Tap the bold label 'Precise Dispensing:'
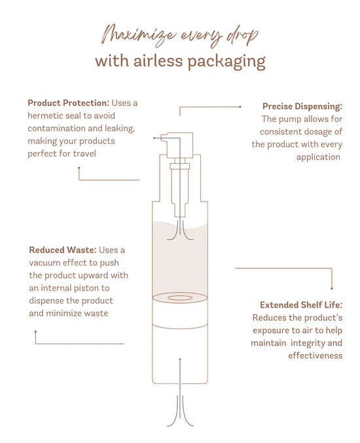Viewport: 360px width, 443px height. (x=302, y=106)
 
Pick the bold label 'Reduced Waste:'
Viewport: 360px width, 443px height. (x=63, y=250)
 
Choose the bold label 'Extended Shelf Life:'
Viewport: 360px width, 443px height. (x=300, y=305)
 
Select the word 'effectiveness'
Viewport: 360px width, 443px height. (x=315, y=355)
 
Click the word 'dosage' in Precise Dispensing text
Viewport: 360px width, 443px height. (x=308, y=132)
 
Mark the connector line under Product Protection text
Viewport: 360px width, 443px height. (x=108, y=179)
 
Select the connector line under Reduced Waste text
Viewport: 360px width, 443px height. (x=79, y=343)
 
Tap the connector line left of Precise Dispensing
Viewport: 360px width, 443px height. (x=209, y=107)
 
